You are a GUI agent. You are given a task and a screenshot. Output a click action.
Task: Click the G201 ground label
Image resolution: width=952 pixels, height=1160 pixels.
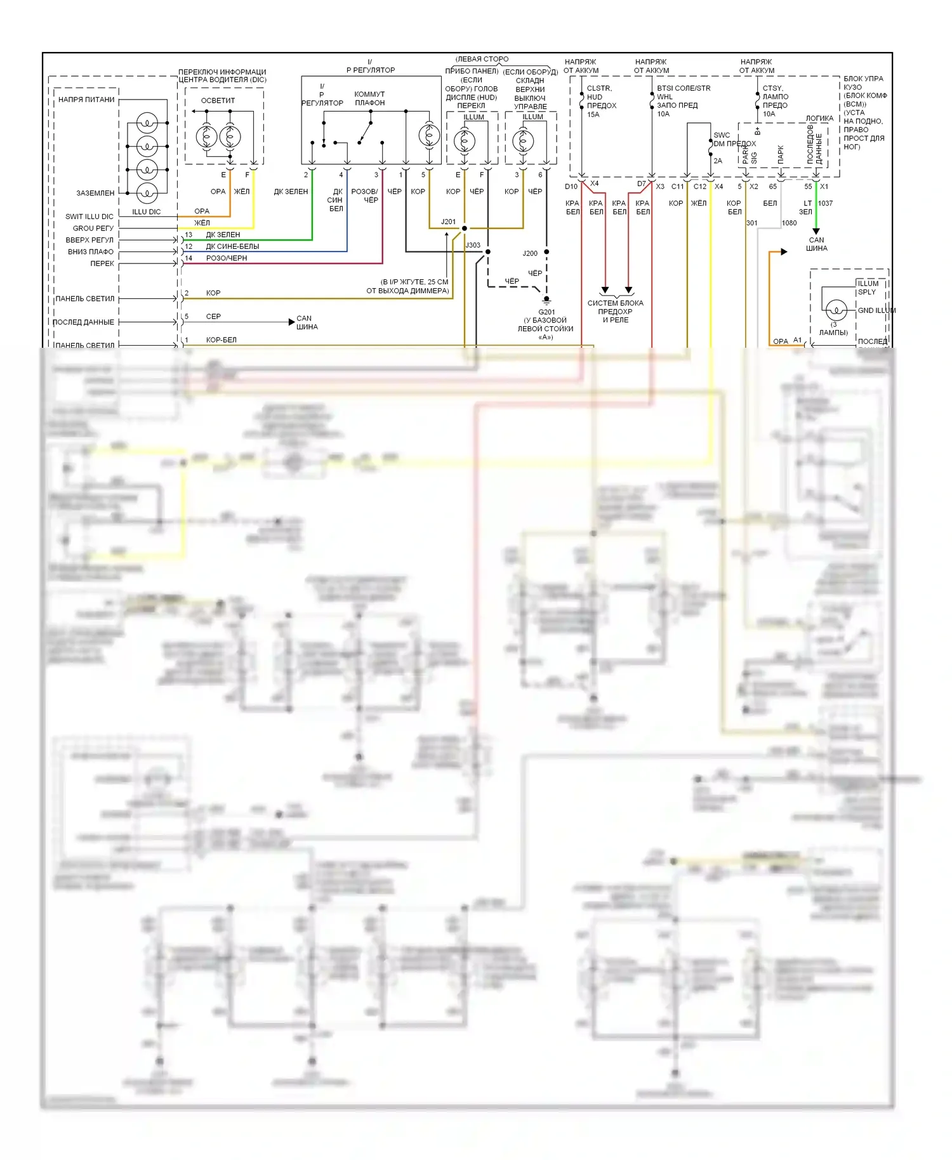pos(546,312)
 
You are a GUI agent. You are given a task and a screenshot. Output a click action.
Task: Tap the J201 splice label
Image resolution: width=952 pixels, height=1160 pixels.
pos(448,222)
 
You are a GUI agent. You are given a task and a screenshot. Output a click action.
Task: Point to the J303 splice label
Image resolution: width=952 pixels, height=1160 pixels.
pos(473,245)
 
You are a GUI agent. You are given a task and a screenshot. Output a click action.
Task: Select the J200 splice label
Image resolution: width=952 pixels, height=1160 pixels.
pos(530,253)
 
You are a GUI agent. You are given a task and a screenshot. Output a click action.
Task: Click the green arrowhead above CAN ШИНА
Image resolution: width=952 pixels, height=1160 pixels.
pos(816,231)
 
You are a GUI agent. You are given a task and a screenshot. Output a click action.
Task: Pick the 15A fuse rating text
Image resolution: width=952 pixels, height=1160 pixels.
pos(593,115)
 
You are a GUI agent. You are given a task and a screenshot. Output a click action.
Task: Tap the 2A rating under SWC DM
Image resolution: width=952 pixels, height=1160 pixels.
pos(717,161)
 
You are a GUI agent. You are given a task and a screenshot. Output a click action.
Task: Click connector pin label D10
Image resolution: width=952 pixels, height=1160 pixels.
pos(571,187)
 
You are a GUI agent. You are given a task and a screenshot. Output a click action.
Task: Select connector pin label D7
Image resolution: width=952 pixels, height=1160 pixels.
pos(641,185)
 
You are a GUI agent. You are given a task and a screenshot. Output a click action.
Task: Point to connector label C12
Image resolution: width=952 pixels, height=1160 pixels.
pos(699,187)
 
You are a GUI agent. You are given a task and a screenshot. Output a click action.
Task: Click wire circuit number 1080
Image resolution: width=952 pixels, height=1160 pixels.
pos(789,223)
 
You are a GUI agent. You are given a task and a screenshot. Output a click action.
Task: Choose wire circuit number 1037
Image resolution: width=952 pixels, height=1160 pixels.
pos(825,204)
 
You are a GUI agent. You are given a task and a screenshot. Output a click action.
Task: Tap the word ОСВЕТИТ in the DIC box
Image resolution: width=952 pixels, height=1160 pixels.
pos(218,101)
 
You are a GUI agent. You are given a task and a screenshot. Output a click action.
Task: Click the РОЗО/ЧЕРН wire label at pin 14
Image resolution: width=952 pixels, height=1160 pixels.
pos(227,258)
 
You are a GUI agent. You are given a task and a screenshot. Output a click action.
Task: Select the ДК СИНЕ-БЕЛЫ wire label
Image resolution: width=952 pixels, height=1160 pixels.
pos(232,247)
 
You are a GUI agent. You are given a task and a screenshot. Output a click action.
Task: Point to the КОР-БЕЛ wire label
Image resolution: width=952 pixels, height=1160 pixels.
pos(221,340)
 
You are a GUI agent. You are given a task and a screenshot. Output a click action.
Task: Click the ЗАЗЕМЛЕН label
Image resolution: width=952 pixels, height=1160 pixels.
pos(95,194)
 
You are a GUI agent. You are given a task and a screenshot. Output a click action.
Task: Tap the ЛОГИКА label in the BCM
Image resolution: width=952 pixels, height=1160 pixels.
pos(819,119)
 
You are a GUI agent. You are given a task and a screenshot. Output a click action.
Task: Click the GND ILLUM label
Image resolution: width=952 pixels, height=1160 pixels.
pos(876,311)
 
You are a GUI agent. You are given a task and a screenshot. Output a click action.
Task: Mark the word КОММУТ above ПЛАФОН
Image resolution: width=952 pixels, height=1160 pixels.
pos(369,95)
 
